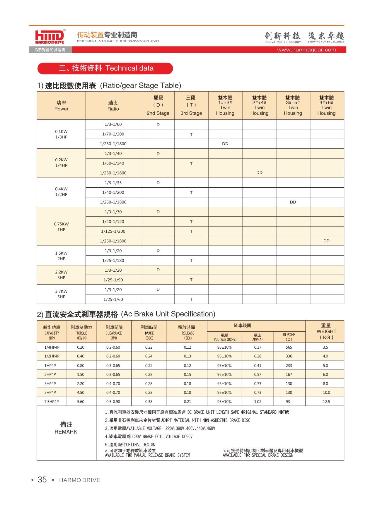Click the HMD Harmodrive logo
(x=50, y=37)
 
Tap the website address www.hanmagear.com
(x=306, y=50)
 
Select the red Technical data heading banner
(x=105, y=68)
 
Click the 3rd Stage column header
(x=191, y=105)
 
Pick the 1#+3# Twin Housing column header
(x=225, y=105)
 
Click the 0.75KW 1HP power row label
(x=61, y=227)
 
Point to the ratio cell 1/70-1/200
(x=113, y=134)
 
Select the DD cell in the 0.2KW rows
(x=259, y=173)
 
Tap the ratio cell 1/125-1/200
(x=113, y=231)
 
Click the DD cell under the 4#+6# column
(x=326, y=241)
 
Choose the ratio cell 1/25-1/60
(x=113, y=299)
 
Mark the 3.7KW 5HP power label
(x=61, y=294)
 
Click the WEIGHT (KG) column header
(x=326, y=331)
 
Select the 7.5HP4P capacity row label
(x=52, y=402)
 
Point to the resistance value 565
(x=289, y=347)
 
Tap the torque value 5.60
(x=81, y=402)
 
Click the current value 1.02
(x=258, y=402)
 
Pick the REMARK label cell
(x=66, y=428)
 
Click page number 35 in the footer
(x=42, y=480)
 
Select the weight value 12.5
(x=326, y=402)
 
